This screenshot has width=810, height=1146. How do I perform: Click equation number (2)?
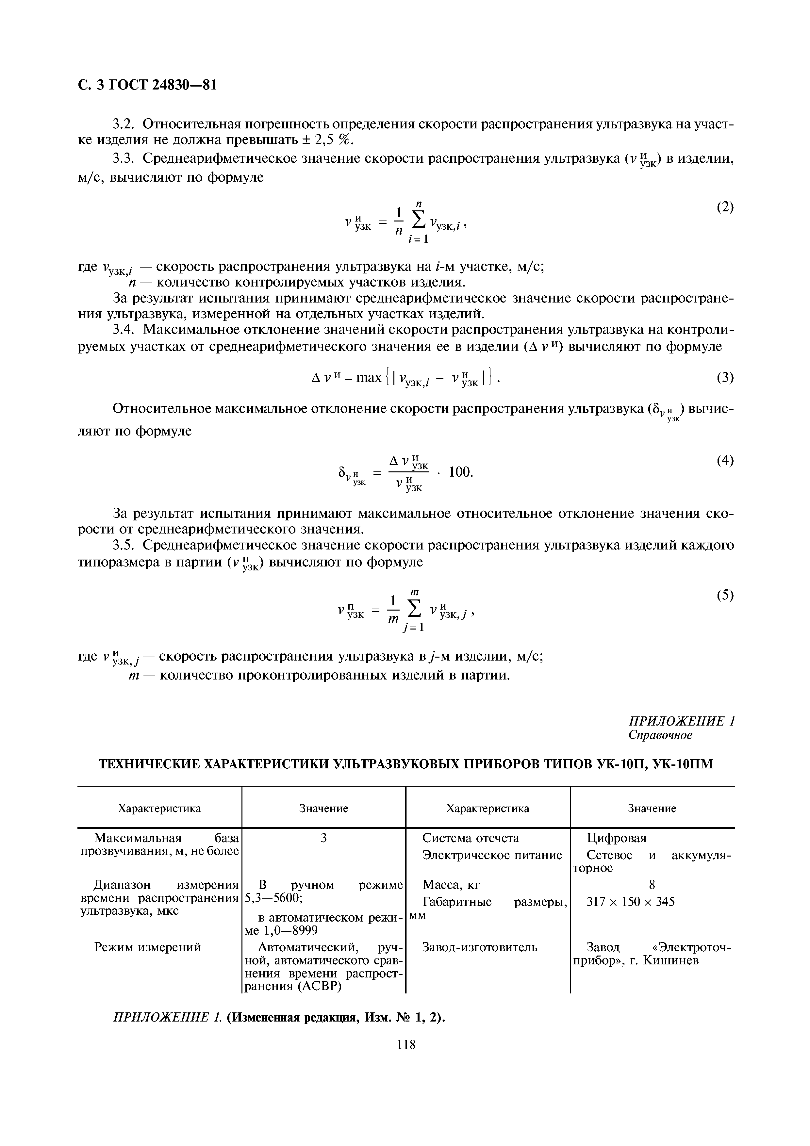(725, 207)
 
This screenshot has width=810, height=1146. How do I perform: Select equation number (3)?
(725, 378)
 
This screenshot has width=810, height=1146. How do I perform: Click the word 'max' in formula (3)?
(369, 378)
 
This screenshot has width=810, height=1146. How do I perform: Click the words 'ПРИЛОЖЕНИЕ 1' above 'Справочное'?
(681, 721)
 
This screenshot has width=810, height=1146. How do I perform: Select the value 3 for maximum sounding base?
(323, 838)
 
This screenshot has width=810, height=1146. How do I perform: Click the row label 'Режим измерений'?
(148, 947)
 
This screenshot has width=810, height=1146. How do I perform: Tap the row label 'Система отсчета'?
(471, 838)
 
